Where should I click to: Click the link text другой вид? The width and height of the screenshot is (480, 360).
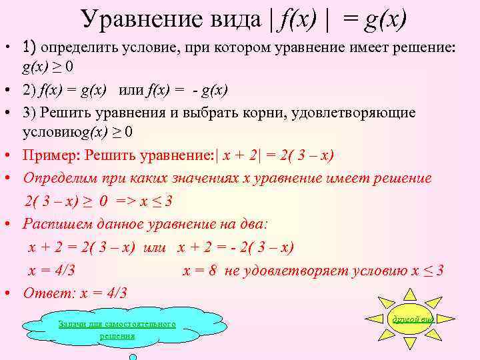(413, 319)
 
